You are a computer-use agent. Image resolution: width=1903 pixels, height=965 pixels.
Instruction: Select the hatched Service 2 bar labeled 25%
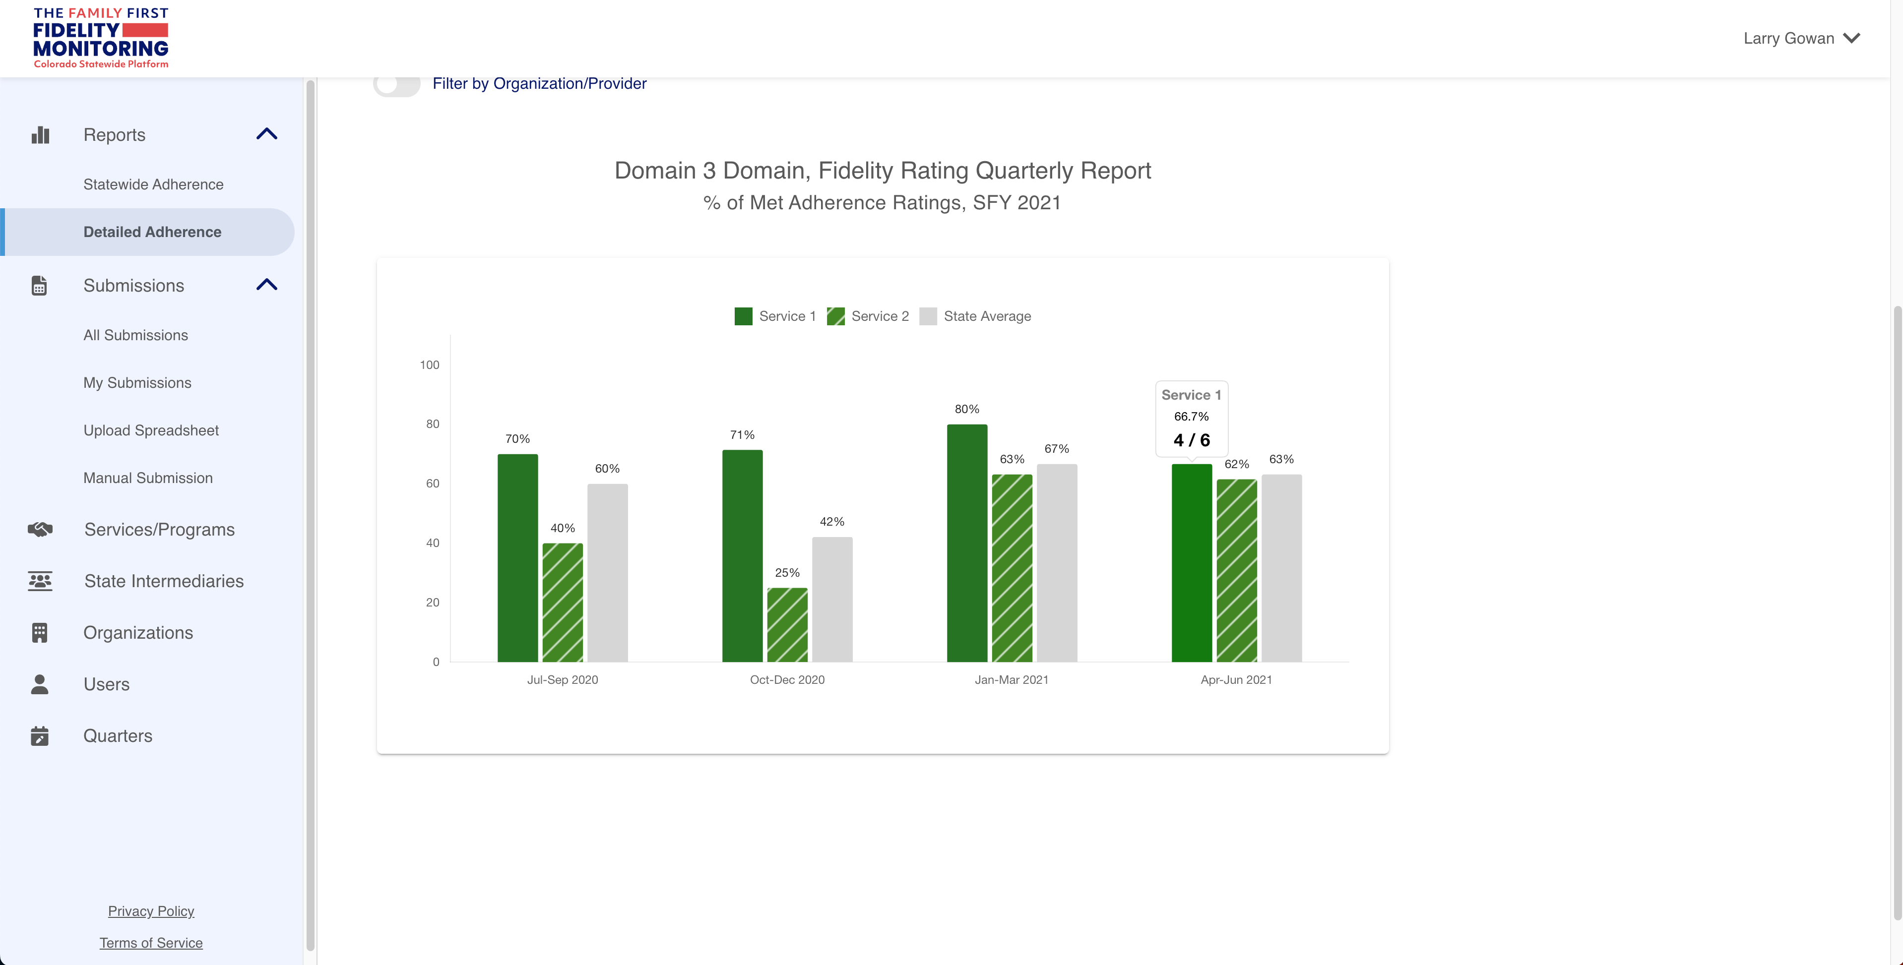pos(787,625)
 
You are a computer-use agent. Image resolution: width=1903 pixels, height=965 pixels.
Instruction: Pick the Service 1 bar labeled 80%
pos(966,543)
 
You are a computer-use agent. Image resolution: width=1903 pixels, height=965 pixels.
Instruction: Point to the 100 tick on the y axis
pos(429,365)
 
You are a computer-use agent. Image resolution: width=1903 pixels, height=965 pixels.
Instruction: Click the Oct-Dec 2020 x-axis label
pos(787,679)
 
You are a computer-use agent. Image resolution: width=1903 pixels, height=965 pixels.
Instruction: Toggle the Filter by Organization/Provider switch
pos(397,83)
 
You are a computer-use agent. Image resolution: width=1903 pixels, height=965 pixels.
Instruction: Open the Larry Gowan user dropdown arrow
pos(1851,38)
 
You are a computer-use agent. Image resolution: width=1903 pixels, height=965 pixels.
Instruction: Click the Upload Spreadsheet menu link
pos(151,430)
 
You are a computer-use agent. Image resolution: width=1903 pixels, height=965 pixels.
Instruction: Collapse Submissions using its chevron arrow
pos(267,285)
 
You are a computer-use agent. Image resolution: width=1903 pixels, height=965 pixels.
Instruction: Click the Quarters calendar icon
pos(40,735)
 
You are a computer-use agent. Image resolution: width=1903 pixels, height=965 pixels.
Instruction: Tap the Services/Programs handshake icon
pos(40,530)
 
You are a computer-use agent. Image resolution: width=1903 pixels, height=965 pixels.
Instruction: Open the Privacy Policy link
pos(151,910)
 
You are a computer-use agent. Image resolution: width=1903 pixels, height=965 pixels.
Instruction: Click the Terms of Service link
pos(151,943)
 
